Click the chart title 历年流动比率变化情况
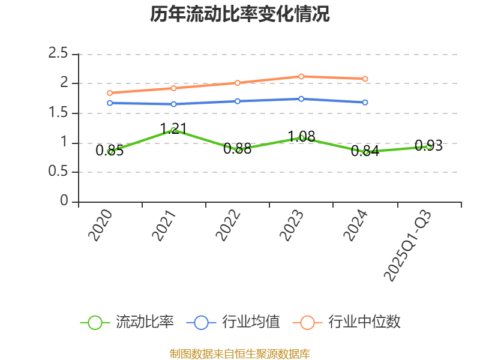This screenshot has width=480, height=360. (x=240, y=14)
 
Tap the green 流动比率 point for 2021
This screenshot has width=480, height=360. (x=173, y=130)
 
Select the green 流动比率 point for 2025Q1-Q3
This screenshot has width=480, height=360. (x=428, y=146)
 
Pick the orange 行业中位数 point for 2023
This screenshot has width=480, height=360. (x=301, y=76)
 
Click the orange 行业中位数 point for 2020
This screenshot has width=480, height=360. (x=110, y=93)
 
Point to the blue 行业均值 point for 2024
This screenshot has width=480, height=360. (x=365, y=103)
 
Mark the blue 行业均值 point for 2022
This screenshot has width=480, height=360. (x=237, y=101)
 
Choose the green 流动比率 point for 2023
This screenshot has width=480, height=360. (x=301, y=137)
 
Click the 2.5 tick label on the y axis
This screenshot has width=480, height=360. (x=58, y=54)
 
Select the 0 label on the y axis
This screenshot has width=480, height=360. (x=65, y=202)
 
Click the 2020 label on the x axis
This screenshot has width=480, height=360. (x=101, y=226)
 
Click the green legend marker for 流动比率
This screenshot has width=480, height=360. (x=95, y=322)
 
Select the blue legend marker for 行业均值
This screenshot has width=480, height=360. (x=201, y=322)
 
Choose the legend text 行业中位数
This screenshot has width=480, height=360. (x=364, y=322)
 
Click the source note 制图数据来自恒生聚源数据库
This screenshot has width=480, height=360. (x=240, y=353)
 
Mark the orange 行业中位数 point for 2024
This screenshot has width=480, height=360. (x=365, y=79)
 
